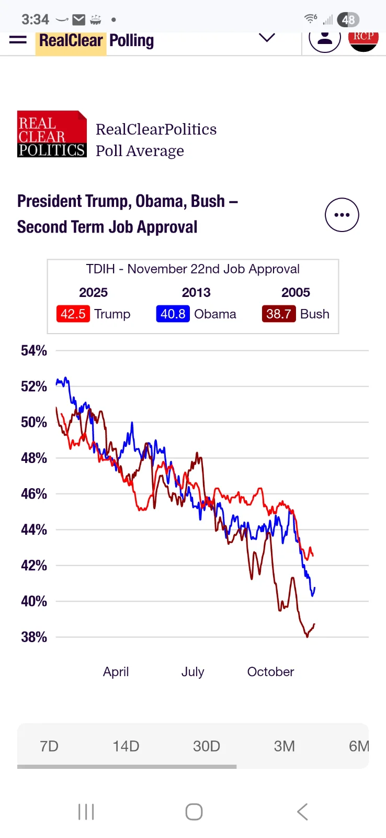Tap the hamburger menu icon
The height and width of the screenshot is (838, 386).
[18, 40]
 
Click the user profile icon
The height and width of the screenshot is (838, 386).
[325, 39]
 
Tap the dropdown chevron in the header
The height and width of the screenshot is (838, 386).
[267, 38]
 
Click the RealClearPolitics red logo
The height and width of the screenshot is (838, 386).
[52, 134]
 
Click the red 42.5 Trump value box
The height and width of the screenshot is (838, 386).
[73, 314]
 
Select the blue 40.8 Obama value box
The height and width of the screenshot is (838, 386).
[173, 314]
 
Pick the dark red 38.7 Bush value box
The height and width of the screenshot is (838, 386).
[278, 314]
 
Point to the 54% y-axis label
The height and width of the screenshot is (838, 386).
[34, 351]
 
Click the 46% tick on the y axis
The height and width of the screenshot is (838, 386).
[34, 494]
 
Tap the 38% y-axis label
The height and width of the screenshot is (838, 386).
[34, 637]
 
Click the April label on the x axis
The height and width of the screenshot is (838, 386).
[116, 671]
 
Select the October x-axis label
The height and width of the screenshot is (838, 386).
[270, 671]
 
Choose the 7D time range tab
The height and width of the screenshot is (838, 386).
[49, 746]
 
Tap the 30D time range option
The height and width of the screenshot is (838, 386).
[207, 746]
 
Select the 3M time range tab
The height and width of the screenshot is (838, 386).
[285, 746]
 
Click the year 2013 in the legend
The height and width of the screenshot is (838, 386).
[196, 292]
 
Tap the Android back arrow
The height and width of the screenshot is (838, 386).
[302, 812]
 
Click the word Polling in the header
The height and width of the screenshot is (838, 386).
[132, 40]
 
